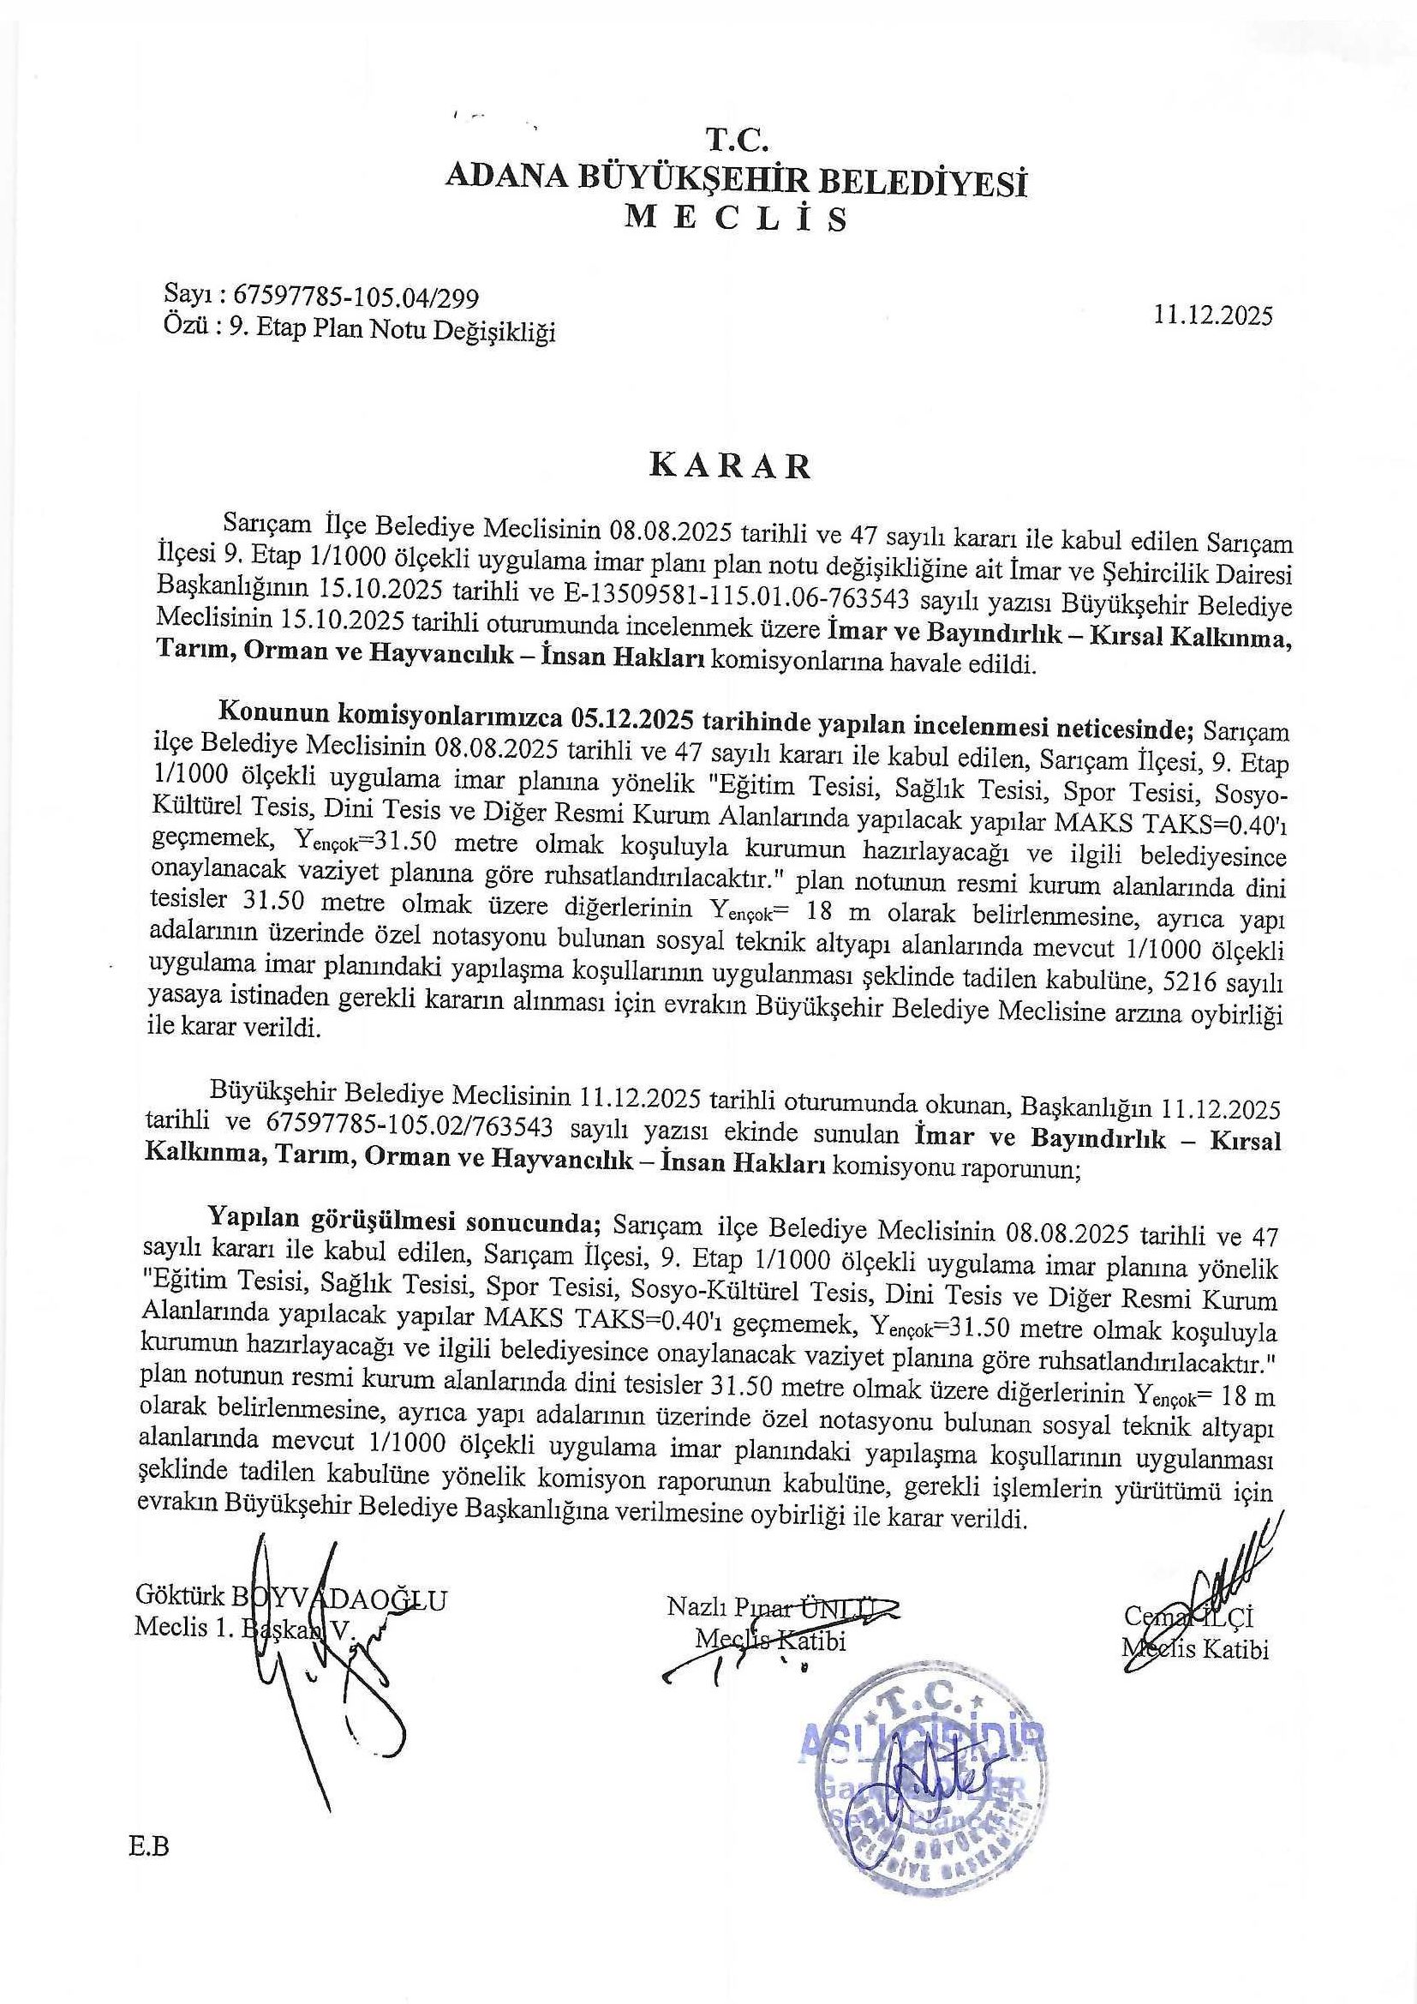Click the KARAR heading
[730, 466]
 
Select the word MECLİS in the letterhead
[737, 219]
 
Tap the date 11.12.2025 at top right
[1213, 315]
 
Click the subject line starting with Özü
[360, 332]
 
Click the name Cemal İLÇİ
[1188, 1618]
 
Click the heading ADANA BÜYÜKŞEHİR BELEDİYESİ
[737, 179]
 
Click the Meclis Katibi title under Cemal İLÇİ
[1195, 1648]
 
